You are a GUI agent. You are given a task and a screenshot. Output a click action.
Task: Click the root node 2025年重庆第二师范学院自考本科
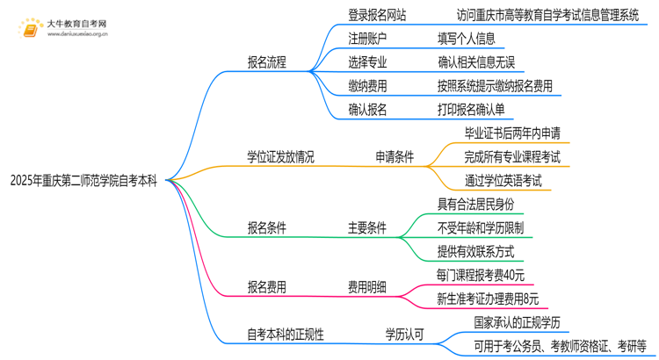pyautogui.click(x=84, y=182)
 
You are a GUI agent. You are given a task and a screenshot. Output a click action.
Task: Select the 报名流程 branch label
pyautogui.click(x=266, y=63)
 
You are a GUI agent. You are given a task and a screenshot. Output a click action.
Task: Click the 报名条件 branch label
pyautogui.click(x=266, y=228)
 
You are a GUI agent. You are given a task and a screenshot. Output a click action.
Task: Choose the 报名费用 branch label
pyautogui.click(x=266, y=286)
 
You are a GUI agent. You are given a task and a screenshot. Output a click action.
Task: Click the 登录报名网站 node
pyautogui.click(x=378, y=15)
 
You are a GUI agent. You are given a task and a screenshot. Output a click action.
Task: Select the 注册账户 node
pyautogui.click(x=366, y=39)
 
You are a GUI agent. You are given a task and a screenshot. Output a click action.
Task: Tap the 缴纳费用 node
pyautogui.click(x=366, y=86)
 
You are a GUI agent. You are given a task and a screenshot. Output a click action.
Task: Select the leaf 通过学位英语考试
pyautogui.click(x=503, y=181)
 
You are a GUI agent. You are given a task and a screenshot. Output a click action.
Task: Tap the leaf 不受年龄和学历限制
pyautogui.click(x=481, y=228)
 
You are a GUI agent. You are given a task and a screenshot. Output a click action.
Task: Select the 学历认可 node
pyautogui.click(x=406, y=334)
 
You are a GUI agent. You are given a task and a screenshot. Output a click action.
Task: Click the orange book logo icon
pyautogui.click(x=29, y=30)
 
